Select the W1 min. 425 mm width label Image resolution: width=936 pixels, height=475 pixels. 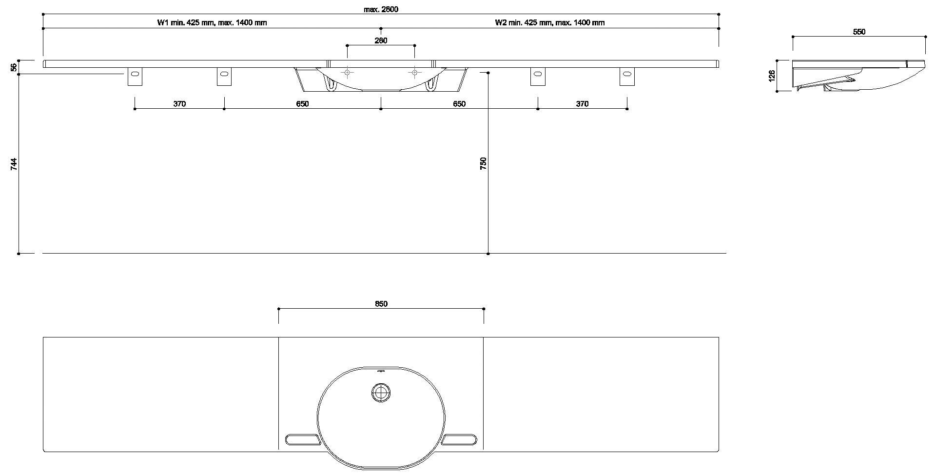(x=212, y=22)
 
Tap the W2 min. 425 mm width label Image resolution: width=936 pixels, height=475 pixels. (x=550, y=22)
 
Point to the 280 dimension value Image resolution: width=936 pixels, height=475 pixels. (x=381, y=40)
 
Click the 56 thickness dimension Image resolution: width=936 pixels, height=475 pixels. (x=14, y=67)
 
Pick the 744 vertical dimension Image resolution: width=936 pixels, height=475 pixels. (x=14, y=164)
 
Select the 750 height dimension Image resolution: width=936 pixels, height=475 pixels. (x=483, y=164)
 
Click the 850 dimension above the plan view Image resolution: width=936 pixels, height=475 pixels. (x=381, y=304)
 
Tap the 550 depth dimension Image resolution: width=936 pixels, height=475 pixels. (x=859, y=32)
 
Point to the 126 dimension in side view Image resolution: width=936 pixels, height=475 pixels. (x=772, y=76)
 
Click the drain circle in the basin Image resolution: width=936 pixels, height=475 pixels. (x=381, y=393)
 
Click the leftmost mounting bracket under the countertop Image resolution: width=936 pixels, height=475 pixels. (x=135, y=77)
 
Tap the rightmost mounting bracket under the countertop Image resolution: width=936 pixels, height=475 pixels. (x=627, y=77)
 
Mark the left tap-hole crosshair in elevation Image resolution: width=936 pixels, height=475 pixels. (x=347, y=73)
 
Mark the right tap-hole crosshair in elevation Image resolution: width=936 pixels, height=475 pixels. (x=414, y=73)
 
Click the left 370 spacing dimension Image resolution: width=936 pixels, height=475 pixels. (x=179, y=104)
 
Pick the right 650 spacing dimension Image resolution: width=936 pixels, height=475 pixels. (x=459, y=104)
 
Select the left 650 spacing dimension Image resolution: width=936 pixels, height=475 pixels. (x=302, y=104)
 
